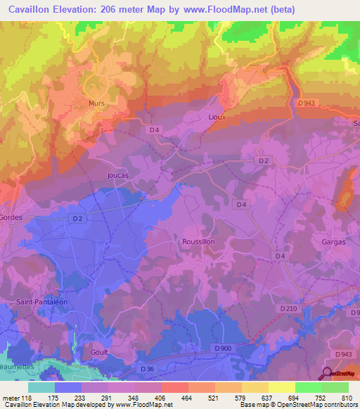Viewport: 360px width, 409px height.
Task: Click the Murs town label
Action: point(96,103)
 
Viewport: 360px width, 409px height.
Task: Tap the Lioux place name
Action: point(217,117)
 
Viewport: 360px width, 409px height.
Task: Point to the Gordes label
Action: point(11,218)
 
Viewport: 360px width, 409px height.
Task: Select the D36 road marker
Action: point(147,369)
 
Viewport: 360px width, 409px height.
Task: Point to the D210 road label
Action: point(288,308)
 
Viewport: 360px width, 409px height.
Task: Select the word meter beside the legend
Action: point(11,398)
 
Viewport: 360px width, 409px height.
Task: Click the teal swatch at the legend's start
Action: point(41,387)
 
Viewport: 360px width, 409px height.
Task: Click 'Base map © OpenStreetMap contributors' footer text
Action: point(297,405)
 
